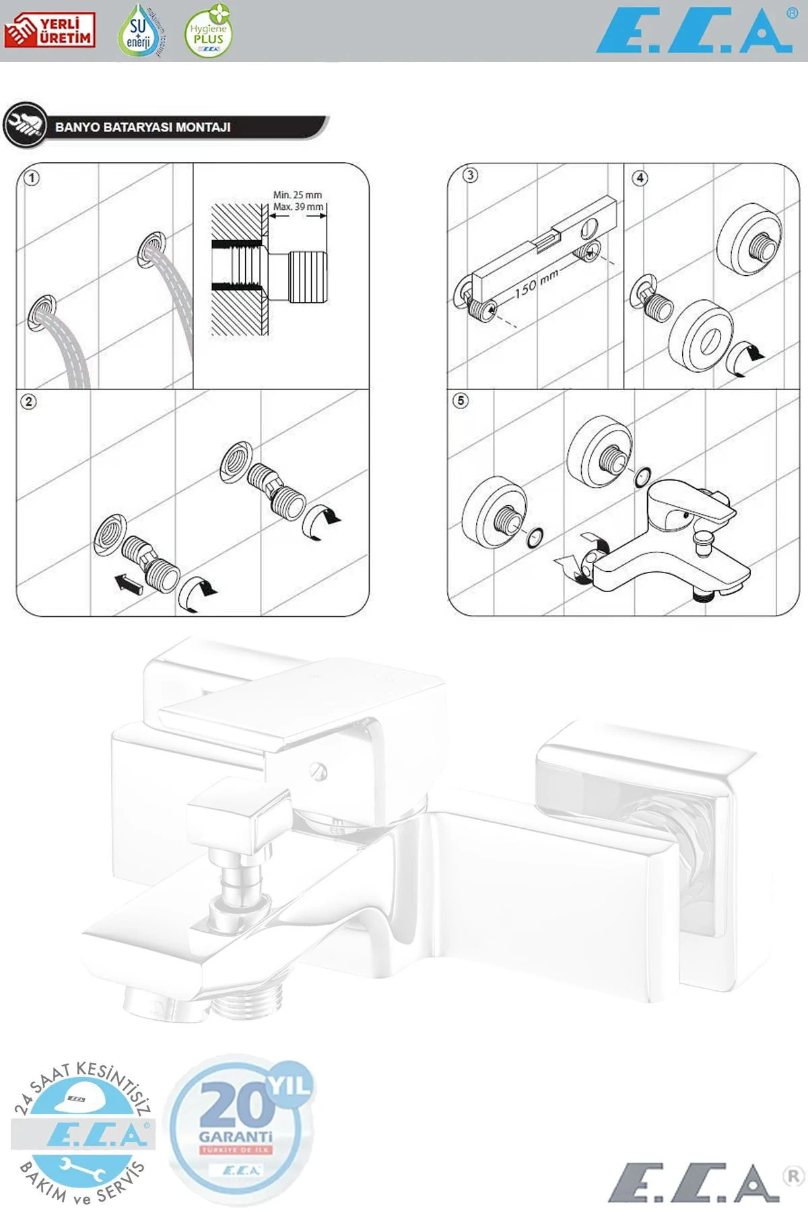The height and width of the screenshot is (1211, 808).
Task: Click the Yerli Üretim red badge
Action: click(49, 30)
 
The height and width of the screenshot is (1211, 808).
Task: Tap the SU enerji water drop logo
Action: click(139, 31)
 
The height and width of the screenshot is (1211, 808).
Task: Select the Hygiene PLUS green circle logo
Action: click(209, 32)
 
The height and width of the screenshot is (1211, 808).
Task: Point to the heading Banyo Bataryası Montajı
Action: click(143, 126)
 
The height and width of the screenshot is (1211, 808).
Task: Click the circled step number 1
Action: click(32, 178)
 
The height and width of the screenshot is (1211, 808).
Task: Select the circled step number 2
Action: click(28, 402)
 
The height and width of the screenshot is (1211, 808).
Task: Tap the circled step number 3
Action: click(470, 176)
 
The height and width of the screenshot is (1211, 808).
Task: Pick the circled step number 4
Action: click(640, 178)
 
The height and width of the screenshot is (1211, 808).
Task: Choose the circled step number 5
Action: click(461, 401)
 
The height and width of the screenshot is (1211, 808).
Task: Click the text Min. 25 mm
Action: click(297, 195)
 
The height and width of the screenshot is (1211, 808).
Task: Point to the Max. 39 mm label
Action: click(298, 207)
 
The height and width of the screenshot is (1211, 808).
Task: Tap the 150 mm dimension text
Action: click(537, 283)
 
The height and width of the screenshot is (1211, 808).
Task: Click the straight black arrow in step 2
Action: click(129, 583)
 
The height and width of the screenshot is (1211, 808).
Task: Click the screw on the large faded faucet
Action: click(318, 771)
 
